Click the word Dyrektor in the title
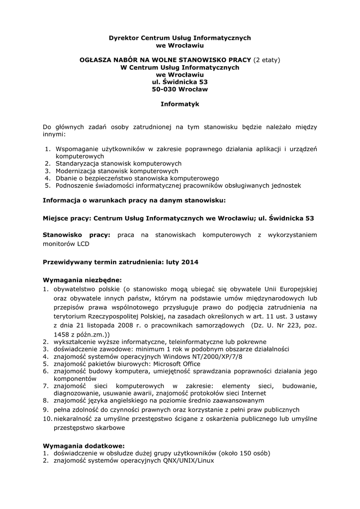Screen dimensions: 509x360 pos(124,38)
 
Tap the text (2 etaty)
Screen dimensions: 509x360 pos(267,60)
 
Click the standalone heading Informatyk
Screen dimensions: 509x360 pos(180,104)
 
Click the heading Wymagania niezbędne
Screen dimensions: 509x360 pos(82,279)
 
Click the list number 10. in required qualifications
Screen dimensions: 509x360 pos(47,419)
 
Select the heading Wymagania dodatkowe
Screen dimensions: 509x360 pos(84,445)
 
